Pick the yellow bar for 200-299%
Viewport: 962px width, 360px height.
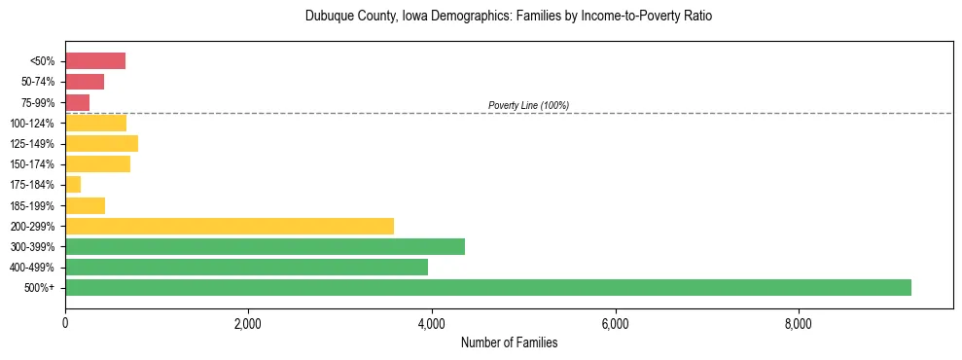click(x=230, y=226)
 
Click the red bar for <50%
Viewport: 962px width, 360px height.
click(x=95, y=61)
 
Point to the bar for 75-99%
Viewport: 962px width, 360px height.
click(x=78, y=102)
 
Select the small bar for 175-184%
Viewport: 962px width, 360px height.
click(x=73, y=185)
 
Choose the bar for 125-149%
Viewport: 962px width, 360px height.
click(x=101, y=143)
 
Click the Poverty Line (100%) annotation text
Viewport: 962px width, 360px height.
click(x=528, y=105)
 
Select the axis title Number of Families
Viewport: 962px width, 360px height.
click(x=509, y=343)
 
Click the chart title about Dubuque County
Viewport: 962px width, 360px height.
click(x=509, y=17)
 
